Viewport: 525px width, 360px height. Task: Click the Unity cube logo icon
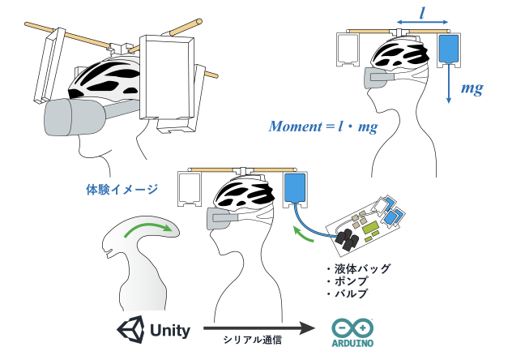(x=131, y=329)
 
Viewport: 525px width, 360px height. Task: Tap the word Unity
(x=170, y=330)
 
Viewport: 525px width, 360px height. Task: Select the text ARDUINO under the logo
(x=352, y=342)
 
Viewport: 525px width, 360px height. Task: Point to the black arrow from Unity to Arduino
(x=258, y=328)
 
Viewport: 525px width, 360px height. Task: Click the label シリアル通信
(x=252, y=342)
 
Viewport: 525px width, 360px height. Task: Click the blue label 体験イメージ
(x=122, y=189)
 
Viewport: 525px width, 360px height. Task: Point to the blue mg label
(x=472, y=88)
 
